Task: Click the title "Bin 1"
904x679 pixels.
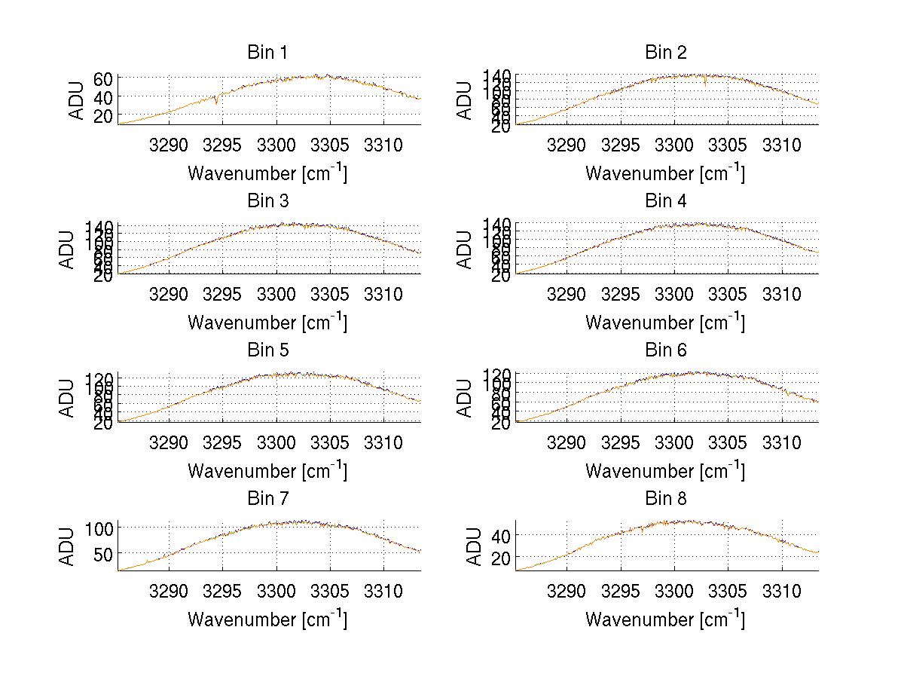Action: [267, 53]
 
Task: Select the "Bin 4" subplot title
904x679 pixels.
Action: [666, 201]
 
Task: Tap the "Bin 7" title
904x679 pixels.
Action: [267, 499]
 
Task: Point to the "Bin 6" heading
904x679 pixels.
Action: [666, 350]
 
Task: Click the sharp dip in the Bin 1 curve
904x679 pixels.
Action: [217, 102]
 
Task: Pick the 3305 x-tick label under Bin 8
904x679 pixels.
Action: [728, 592]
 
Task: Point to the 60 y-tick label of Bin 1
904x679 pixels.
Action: [104, 78]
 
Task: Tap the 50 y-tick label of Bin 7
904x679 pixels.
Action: [104, 554]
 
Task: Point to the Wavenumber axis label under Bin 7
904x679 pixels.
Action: [267, 619]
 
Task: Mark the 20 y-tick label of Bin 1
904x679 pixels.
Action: [104, 115]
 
